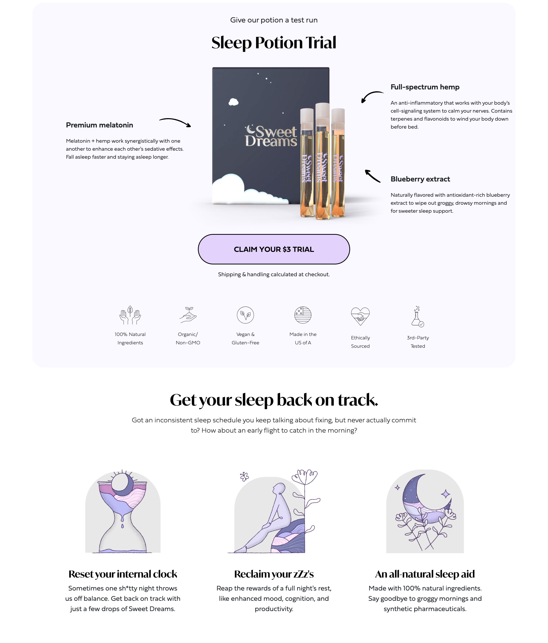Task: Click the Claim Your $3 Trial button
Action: [274, 249]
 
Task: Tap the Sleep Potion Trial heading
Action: [274, 43]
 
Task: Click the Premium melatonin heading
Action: [99, 125]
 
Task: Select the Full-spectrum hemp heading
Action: [425, 87]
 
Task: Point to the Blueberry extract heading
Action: [420, 179]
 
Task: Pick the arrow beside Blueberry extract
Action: [372, 176]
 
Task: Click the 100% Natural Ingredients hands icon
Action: [130, 315]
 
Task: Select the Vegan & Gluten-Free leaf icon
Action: [245, 315]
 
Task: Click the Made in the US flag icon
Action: [303, 315]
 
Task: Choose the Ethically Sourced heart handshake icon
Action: [360, 316]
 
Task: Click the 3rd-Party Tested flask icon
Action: [418, 317]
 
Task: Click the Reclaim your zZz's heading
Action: [274, 574]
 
